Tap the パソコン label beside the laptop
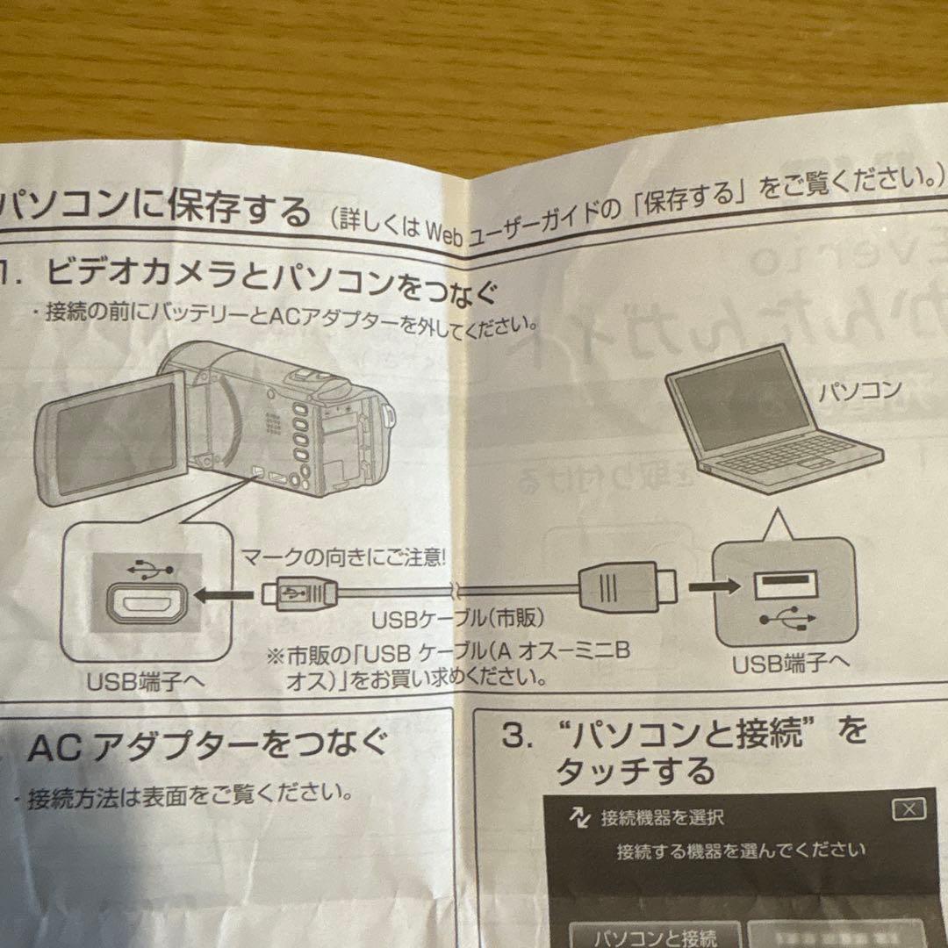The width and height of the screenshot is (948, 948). tap(859, 391)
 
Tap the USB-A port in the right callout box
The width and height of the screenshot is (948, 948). tap(785, 583)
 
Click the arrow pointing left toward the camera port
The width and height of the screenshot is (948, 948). tap(219, 596)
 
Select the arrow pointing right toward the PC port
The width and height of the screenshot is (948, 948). tap(711, 584)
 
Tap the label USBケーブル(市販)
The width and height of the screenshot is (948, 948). tap(457, 619)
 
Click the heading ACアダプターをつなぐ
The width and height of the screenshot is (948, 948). tap(207, 748)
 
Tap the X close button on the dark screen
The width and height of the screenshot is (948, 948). tap(908, 809)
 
